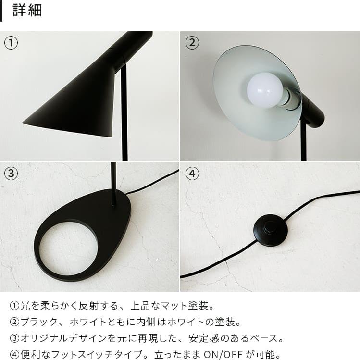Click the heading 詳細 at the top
coord(27,11)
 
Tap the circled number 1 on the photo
coord(11,43)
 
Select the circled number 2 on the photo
coord(192,43)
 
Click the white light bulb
coord(265,90)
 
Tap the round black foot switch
coord(271,230)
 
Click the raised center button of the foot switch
coord(271,226)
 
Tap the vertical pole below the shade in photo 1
coord(124,115)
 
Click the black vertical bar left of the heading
coord(2,11)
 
